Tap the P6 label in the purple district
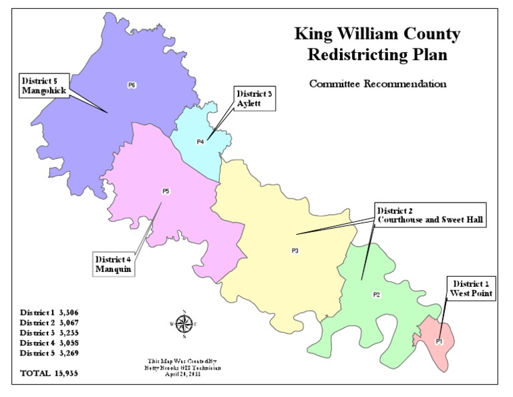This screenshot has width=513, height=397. coord(132,85)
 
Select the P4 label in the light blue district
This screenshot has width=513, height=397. coord(200,142)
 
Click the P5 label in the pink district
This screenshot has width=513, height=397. coord(166,192)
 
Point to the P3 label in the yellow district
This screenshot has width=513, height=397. coord(295,251)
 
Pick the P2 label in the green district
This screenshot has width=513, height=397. coord(376,295)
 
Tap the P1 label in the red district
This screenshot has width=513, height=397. coord(439,341)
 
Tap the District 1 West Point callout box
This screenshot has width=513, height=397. coord(471,289)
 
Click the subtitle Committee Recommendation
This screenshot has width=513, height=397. coord(377,84)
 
